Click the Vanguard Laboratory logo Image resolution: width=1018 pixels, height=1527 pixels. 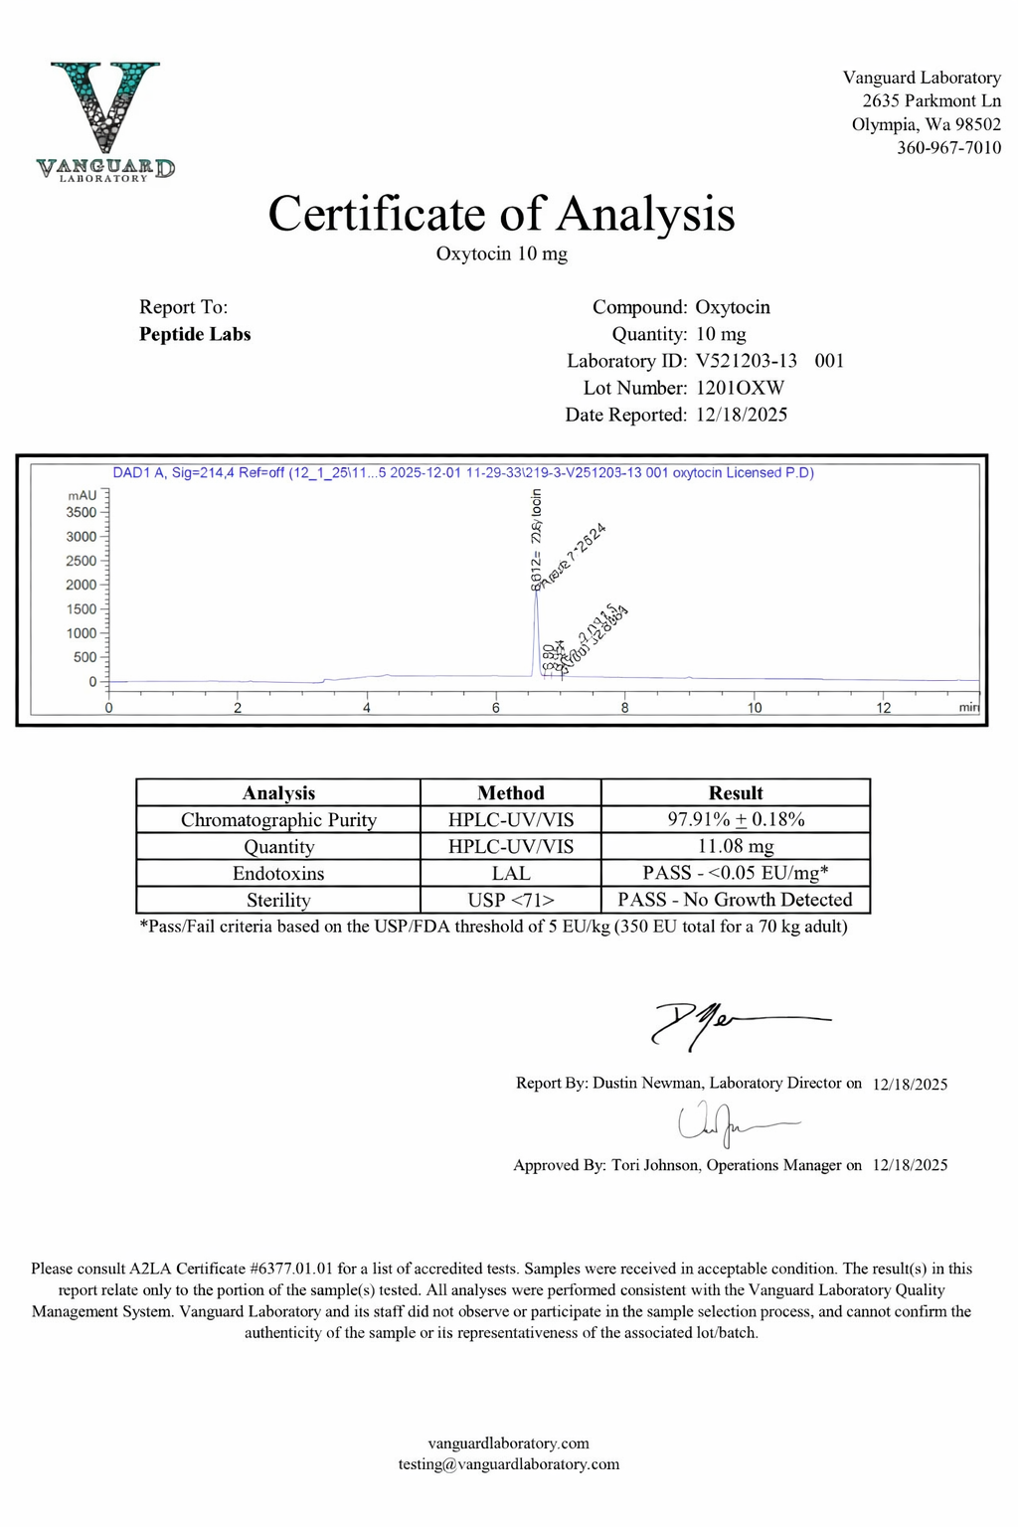[x=105, y=121]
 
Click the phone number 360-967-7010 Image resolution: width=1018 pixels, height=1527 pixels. [x=948, y=147]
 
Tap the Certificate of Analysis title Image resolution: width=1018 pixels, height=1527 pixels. [x=501, y=214]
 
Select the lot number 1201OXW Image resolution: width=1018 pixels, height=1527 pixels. [x=740, y=388]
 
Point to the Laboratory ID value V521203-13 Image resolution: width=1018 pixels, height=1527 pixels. [x=746, y=361]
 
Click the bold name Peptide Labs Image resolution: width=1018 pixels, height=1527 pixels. [x=195, y=334]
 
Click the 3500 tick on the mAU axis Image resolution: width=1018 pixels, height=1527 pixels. [x=82, y=513]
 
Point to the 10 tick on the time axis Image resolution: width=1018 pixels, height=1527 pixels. [x=755, y=708]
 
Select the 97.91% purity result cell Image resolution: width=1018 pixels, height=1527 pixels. [x=736, y=820]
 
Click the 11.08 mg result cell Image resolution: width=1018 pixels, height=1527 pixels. [x=736, y=847]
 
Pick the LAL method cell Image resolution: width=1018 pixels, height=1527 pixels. [x=511, y=874]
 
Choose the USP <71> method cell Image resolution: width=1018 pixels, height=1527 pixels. [x=511, y=901]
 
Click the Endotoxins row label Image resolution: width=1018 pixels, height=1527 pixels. [x=278, y=874]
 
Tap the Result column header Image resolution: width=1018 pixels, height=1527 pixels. [x=736, y=793]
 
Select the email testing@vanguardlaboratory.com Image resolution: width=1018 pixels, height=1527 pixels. [x=509, y=1464]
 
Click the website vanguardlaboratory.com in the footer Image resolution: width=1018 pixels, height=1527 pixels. [x=509, y=1443]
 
